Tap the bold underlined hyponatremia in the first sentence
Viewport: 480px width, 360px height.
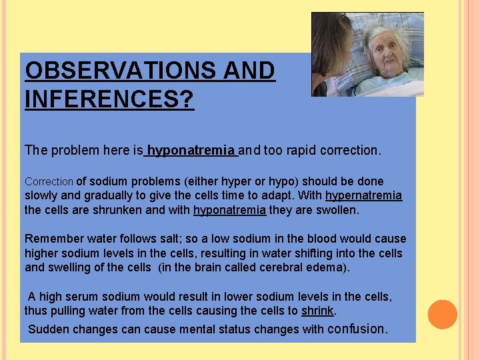point(191,151)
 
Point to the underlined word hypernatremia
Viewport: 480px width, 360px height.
point(363,195)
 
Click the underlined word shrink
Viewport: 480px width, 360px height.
point(318,311)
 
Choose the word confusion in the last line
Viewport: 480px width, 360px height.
point(357,329)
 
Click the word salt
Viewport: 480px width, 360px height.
point(174,239)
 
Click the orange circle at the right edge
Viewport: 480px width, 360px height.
point(442,315)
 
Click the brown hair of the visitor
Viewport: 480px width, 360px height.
point(329,40)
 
